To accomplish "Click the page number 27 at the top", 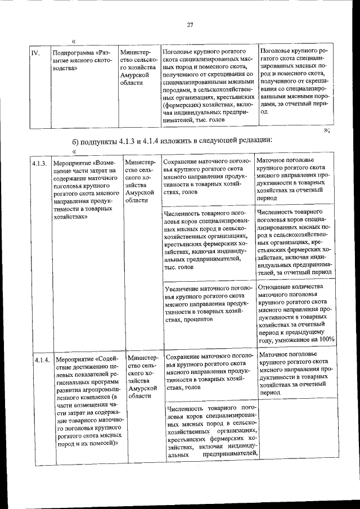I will pyautogui.click(x=190, y=24).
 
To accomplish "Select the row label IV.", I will pyautogui.click(x=35, y=54).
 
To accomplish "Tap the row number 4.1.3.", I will pyautogui.click(x=38, y=164).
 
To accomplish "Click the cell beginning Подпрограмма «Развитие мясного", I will pyautogui.click(x=77, y=58).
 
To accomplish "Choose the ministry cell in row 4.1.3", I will pyautogui.click(x=139, y=181).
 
